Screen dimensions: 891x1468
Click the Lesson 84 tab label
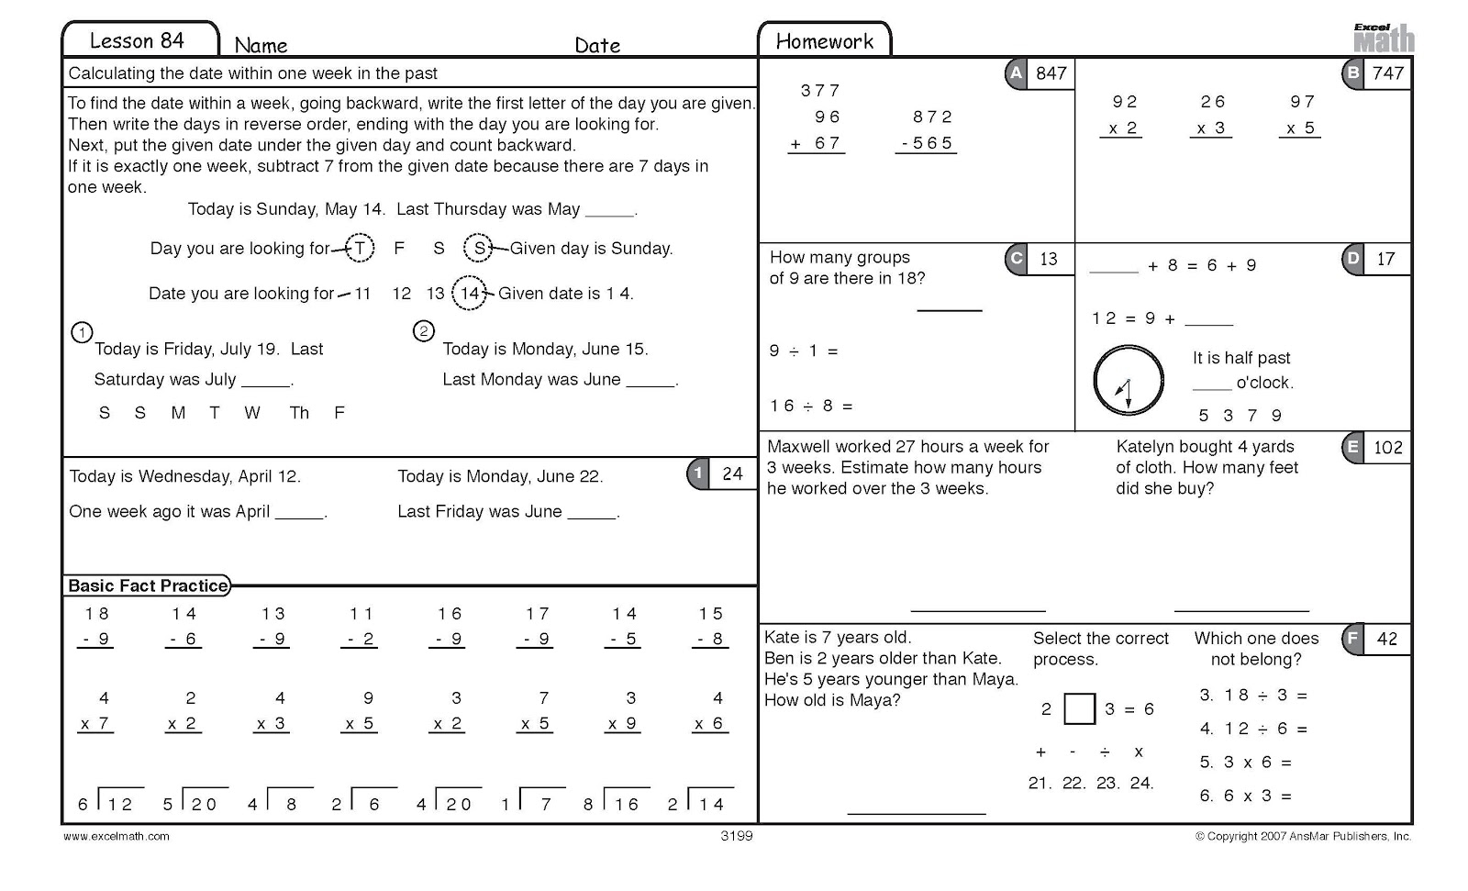tap(138, 40)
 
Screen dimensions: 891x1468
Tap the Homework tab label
tap(824, 40)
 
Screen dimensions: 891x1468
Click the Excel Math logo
tap(1384, 39)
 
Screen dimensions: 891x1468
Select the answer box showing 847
tap(1051, 73)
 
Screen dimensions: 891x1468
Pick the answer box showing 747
tap(1387, 73)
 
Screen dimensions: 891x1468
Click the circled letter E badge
tap(1352, 447)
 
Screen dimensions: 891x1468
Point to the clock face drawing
tap(1129, 381)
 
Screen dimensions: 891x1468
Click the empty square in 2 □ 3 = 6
tap(1079, 708)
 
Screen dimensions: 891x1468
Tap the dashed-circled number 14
tap(470, 293)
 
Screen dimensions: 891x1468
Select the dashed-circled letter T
tap(360, 248)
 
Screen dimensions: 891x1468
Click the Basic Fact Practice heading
tap(148, 585)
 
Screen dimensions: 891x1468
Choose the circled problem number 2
tap(423, 331)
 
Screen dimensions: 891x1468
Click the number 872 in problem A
tap(932, 117)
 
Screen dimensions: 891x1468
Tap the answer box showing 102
tap(1387, 448)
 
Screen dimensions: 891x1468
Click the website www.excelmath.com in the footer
tap(117, 836)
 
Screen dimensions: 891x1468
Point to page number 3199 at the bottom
tap(737, 836)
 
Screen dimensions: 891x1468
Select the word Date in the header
tap(597, 45)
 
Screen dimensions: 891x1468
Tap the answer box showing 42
tap(1386, 639)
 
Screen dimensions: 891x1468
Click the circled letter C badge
tap(1016, 259)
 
